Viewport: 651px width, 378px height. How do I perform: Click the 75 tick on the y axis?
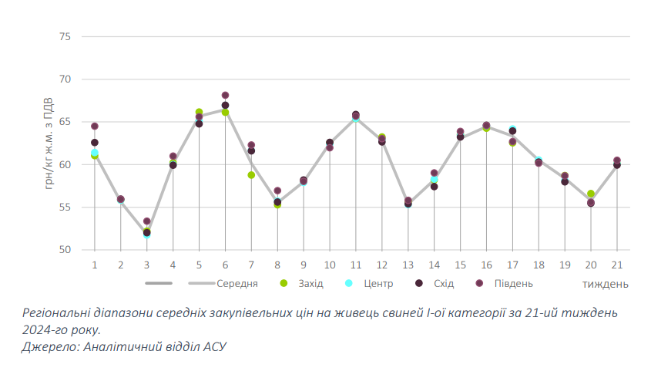click(65, 37)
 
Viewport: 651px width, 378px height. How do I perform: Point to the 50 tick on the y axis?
click(65, 250)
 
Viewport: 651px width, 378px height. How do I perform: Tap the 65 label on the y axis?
click(65, 122)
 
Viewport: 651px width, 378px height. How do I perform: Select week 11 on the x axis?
click(356, 265)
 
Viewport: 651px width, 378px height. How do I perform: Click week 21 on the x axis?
click(617, 265)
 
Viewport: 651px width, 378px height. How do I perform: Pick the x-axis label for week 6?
click(225, 265)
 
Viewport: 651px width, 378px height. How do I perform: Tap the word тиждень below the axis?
click(605, 284)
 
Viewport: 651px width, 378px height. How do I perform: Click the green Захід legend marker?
click(284, 283)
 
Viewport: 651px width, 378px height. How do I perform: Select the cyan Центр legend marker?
click(349, 283)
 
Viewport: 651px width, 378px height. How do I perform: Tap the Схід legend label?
click(443, 283)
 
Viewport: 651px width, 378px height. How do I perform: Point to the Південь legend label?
click(513, 283)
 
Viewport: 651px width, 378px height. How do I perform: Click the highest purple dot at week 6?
click(225, 96)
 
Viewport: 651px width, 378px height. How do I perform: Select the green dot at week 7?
click(251, 175)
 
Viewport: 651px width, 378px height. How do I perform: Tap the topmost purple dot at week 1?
click(95, 127)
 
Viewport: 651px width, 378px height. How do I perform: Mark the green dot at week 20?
click(591, 194)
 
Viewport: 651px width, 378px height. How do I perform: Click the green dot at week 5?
click(199, 113)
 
